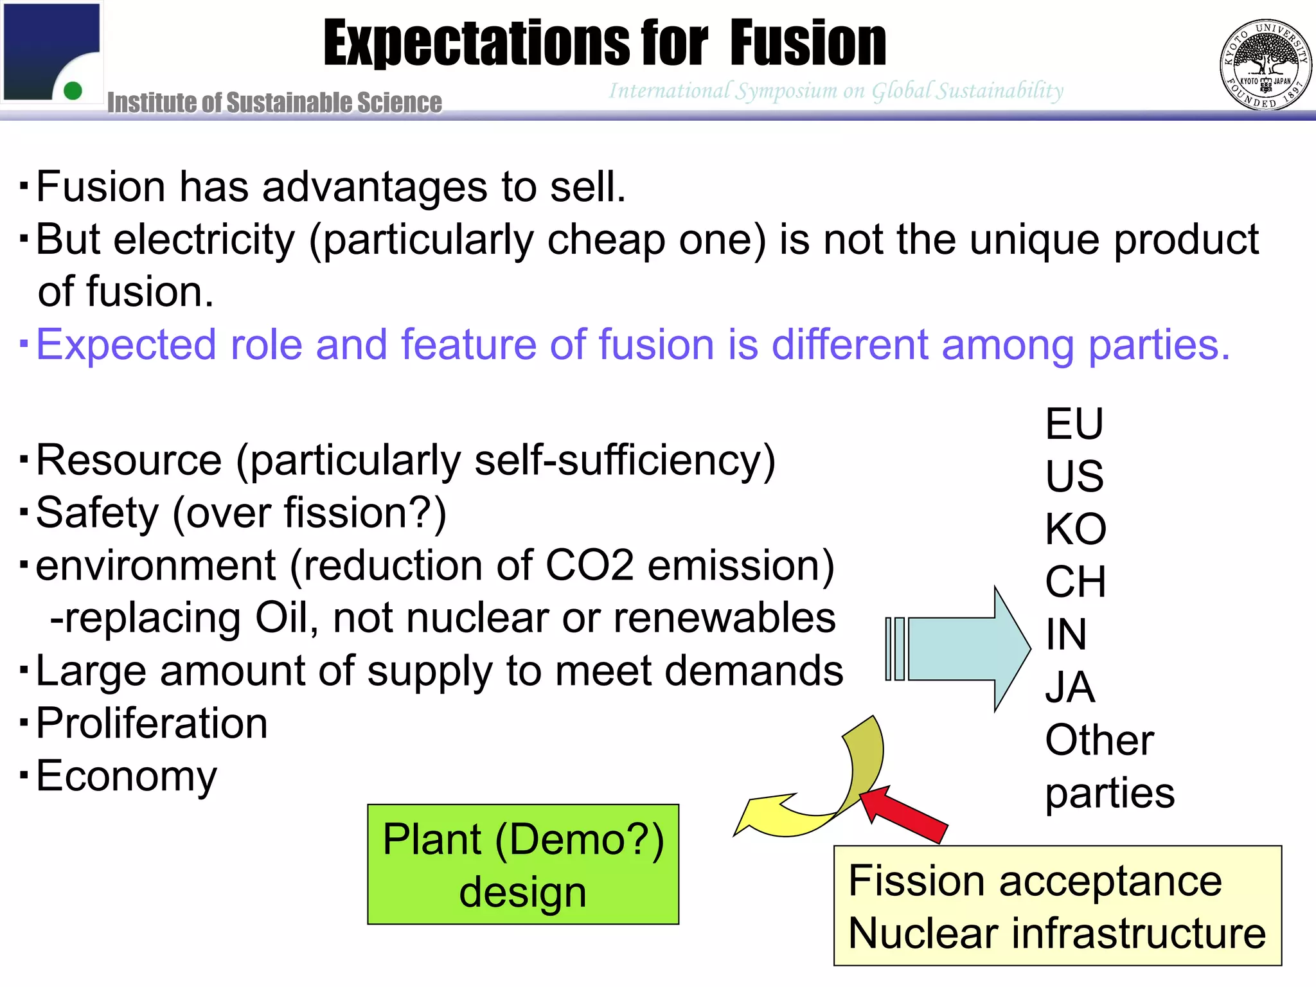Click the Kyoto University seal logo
coord(1265,64)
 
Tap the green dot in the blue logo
coord(73,91)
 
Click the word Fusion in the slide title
coord(808,44)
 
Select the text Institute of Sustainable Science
coord(274,103)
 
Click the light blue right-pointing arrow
coord(964,649)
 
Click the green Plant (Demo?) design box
coord(522,864)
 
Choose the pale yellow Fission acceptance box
coord(1057,906)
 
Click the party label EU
coord(1074,424)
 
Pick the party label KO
coord(1075,529)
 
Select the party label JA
coord(1069,688)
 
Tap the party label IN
coord(1065,635)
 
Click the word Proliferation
coord(152,724)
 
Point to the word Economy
coord(127,776)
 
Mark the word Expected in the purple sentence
coord(126,345)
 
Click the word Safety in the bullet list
coord(97,513)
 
